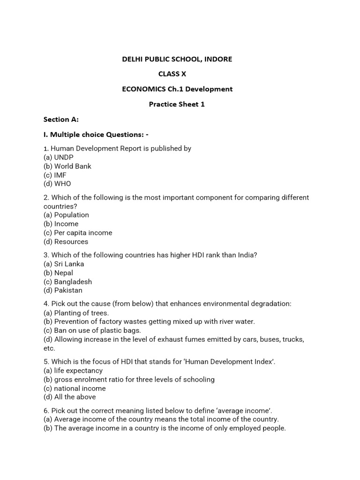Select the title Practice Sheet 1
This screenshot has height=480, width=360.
[x=177, y=104]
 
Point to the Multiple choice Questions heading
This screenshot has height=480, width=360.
[x=96, y=135]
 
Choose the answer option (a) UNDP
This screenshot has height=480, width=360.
[x=59, y=157]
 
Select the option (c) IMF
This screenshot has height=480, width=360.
[x=55, y=175]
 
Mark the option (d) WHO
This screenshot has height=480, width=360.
[x=57, y=184]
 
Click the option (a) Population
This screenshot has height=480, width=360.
[x=66, y=215]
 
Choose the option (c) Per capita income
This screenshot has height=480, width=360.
[x=78, y=232]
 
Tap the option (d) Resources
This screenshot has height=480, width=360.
[x=66, y=241]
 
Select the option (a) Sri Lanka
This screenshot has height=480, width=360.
[x=64, y=264]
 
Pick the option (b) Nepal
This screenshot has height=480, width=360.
[x=58, y=273]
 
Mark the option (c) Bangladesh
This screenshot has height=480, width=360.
[x=67, y=282]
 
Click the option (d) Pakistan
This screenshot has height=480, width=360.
[x=63, y=290]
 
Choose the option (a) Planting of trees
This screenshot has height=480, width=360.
[x=76, y=313]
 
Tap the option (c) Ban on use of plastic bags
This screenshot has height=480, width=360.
[x=92, y=330]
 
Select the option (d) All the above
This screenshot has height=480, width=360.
[x=69, y=397]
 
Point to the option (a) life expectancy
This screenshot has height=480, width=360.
[x=73, y=370]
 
